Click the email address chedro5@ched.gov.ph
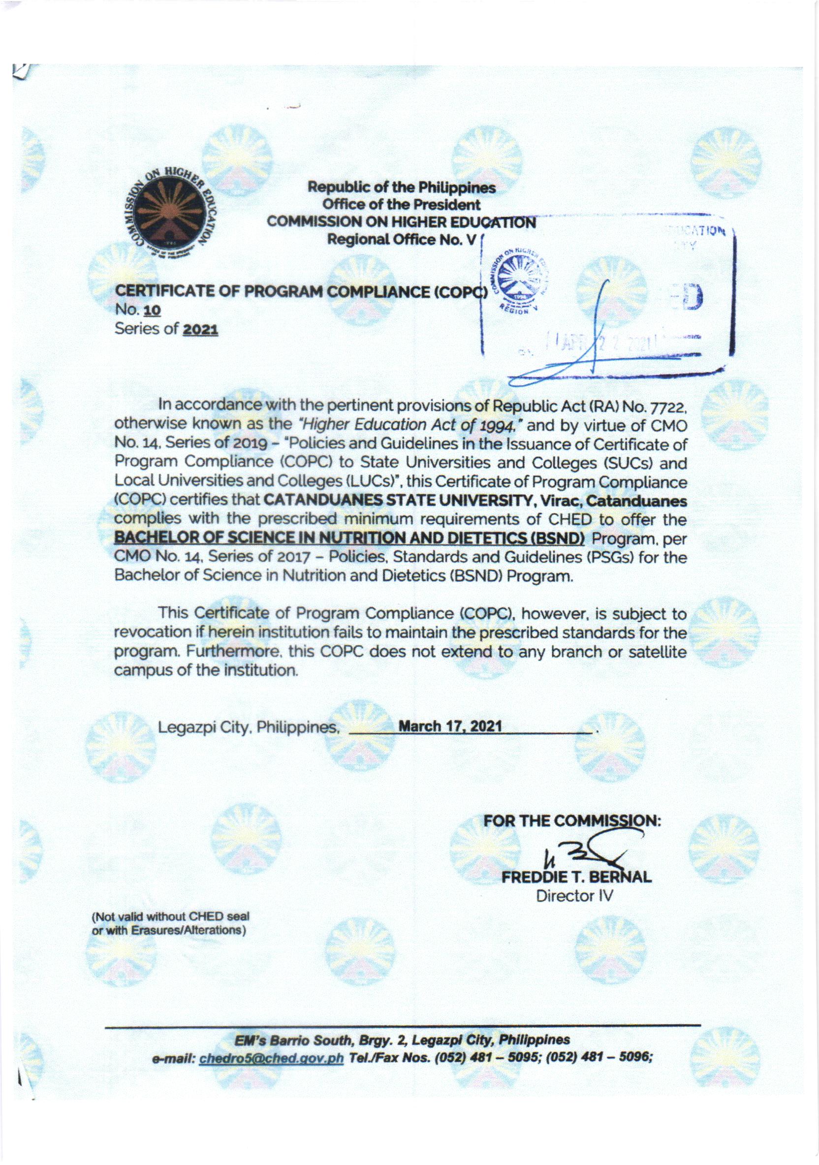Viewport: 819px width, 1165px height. point(273,1059)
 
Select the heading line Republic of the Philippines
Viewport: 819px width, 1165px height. point(403,188)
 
